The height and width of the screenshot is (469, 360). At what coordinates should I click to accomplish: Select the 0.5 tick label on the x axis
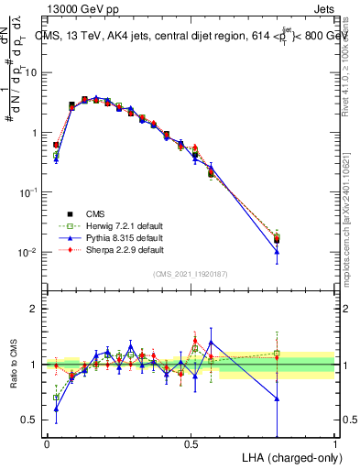191,442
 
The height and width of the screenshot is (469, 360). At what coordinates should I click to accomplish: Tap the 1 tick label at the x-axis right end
334,442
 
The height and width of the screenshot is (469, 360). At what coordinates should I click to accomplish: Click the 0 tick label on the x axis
47,442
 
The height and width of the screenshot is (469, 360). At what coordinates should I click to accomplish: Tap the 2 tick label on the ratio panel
35,309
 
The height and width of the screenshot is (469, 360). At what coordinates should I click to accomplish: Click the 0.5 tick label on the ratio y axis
31,420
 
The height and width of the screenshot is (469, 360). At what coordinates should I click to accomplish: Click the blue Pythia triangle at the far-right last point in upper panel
277,251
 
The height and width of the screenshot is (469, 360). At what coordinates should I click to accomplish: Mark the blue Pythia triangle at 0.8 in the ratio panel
277,398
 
